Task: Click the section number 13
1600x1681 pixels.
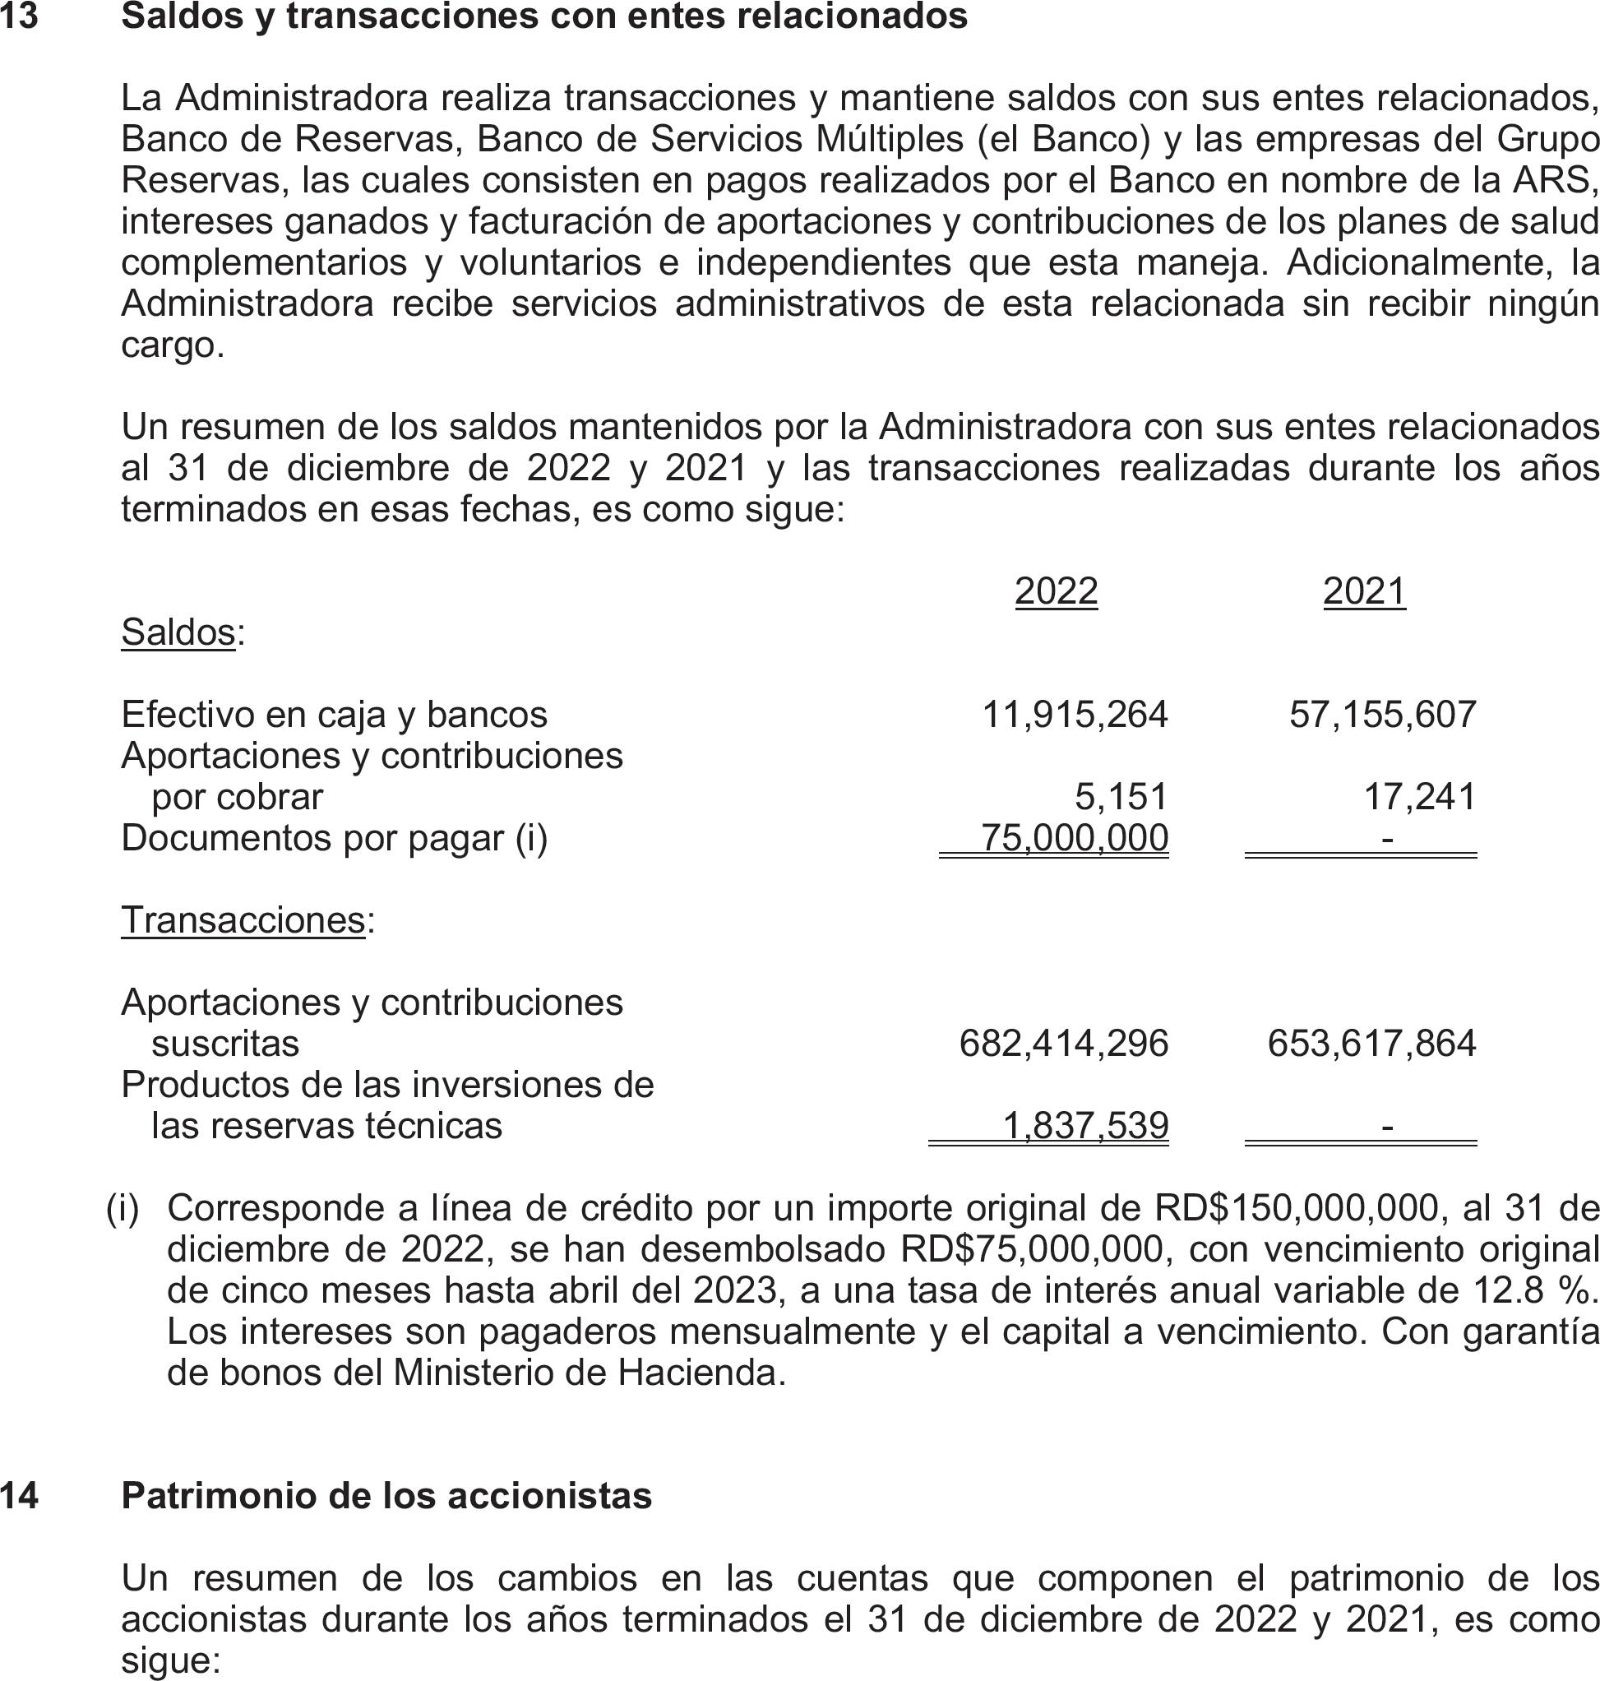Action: (x=19, y=17)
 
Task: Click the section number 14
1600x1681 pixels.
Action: (x=19, y=1495)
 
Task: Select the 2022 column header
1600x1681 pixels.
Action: (x=1056, y=590)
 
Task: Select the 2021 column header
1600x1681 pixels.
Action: (x=1364, y=590)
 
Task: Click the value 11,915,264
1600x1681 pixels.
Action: (x=1075, y=714)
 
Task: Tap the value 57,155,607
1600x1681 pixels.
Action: (x=1381, y=714)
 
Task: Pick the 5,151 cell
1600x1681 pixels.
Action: (x=1121, y=796)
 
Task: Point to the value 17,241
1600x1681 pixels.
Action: (x=1419, y=796)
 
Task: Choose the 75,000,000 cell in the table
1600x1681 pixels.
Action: (x=1075, y=838)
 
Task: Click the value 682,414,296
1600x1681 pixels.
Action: (x=1064, y=1043)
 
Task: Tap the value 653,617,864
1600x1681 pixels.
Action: (x=1371, y=1043)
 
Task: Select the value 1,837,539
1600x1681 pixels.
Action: (x=1084, y=1126)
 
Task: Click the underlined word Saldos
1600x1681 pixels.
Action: (x=178, y=632)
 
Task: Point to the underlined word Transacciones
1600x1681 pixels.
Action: (x=243, y=919)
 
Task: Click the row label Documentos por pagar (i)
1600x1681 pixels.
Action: (x=335, y=838)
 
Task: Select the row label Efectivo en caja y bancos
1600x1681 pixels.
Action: (x=335, y=714)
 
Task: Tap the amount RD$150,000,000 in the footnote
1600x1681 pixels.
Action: (x=1297, y=1207)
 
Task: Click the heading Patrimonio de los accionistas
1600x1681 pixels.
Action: (x=386, y=1495)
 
